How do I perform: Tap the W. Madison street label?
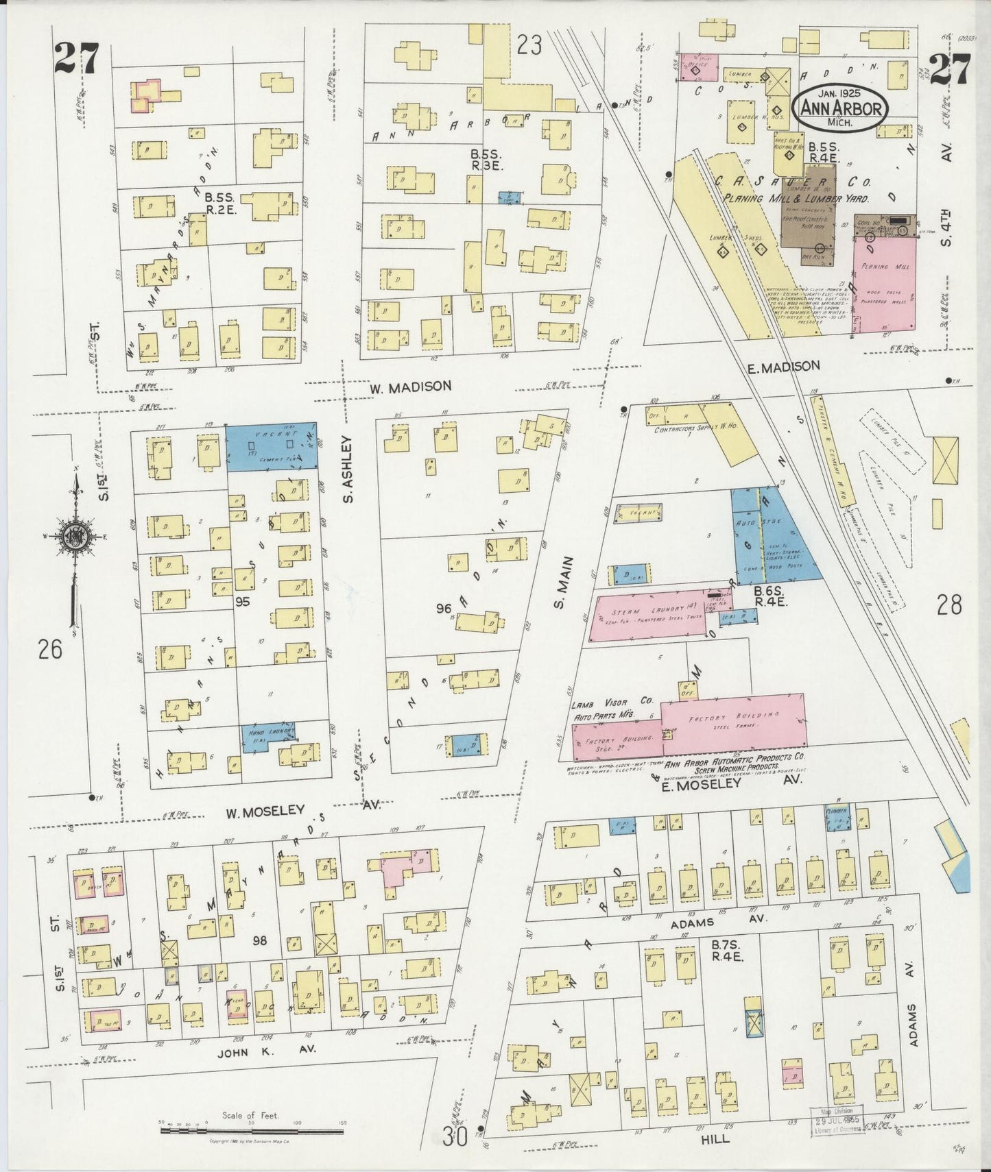pyautogui.click(x=410, y=387)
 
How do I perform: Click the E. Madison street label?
pyautogui.click(x=783, y=367)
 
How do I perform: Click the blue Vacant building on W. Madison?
pyautogui.click(x=272, y=445)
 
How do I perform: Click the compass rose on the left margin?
pyautogui.click(x=73, y=537)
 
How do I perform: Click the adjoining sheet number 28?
pyautogui.click(x=949, y=605)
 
